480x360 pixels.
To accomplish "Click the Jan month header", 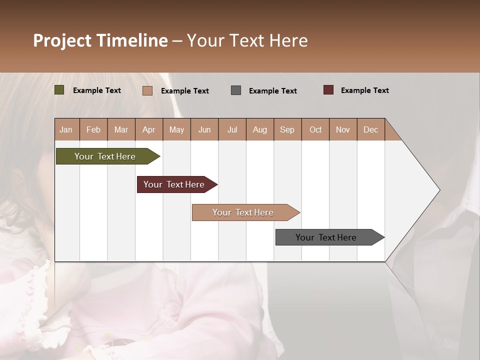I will tap(66, 129).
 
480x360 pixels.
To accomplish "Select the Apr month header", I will tap(149, 129).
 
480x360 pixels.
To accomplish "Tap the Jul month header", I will tap(232, 129).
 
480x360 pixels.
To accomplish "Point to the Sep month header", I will tap(287, 129).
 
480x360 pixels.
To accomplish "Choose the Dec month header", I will tap(370, 129).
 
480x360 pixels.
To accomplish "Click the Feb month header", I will tap(93, 129).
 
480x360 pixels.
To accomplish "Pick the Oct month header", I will tap(315, 129).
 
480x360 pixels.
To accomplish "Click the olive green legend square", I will tap(59, 90).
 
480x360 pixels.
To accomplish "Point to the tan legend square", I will tap(147, 90).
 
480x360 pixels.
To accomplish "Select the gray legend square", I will tap(235, 90).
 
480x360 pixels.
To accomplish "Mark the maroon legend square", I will tap(328, 90).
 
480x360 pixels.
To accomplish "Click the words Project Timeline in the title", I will tap(100, 40).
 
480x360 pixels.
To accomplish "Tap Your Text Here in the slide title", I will tap(247, 40).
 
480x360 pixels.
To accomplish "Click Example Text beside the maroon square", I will tap(364, 90).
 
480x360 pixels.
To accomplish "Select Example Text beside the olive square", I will tap(96, 90).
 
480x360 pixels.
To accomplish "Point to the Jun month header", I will tap(204, 129).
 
